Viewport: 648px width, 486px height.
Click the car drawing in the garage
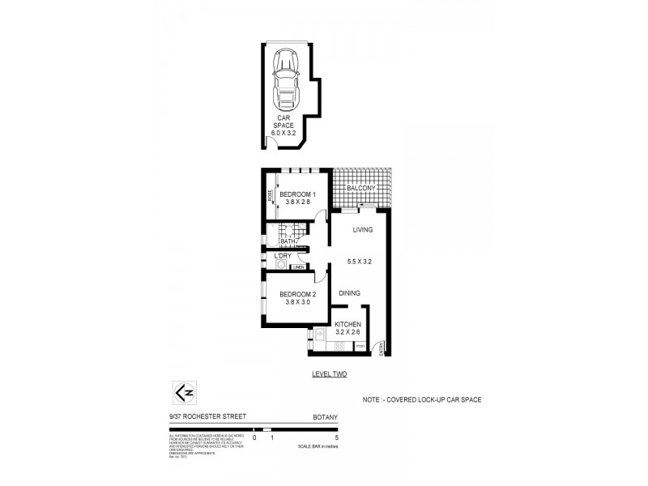click(287, 78)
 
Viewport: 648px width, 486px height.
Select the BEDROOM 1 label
click(297, 194)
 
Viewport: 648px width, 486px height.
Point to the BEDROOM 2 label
click(297, 294)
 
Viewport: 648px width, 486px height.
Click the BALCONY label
click(360, 189)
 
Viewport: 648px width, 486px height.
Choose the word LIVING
click(362, 230)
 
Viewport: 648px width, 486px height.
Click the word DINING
click(350, 292)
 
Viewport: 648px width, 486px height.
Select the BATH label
click(287, 241)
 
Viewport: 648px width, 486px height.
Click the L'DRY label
click(283, 256)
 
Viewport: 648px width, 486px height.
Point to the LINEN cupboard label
click(299, 266)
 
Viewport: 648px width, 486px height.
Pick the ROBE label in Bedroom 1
click(270, 196)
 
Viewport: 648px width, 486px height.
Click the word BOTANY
click(325, 418)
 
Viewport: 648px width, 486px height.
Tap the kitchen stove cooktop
click(339, 346)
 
